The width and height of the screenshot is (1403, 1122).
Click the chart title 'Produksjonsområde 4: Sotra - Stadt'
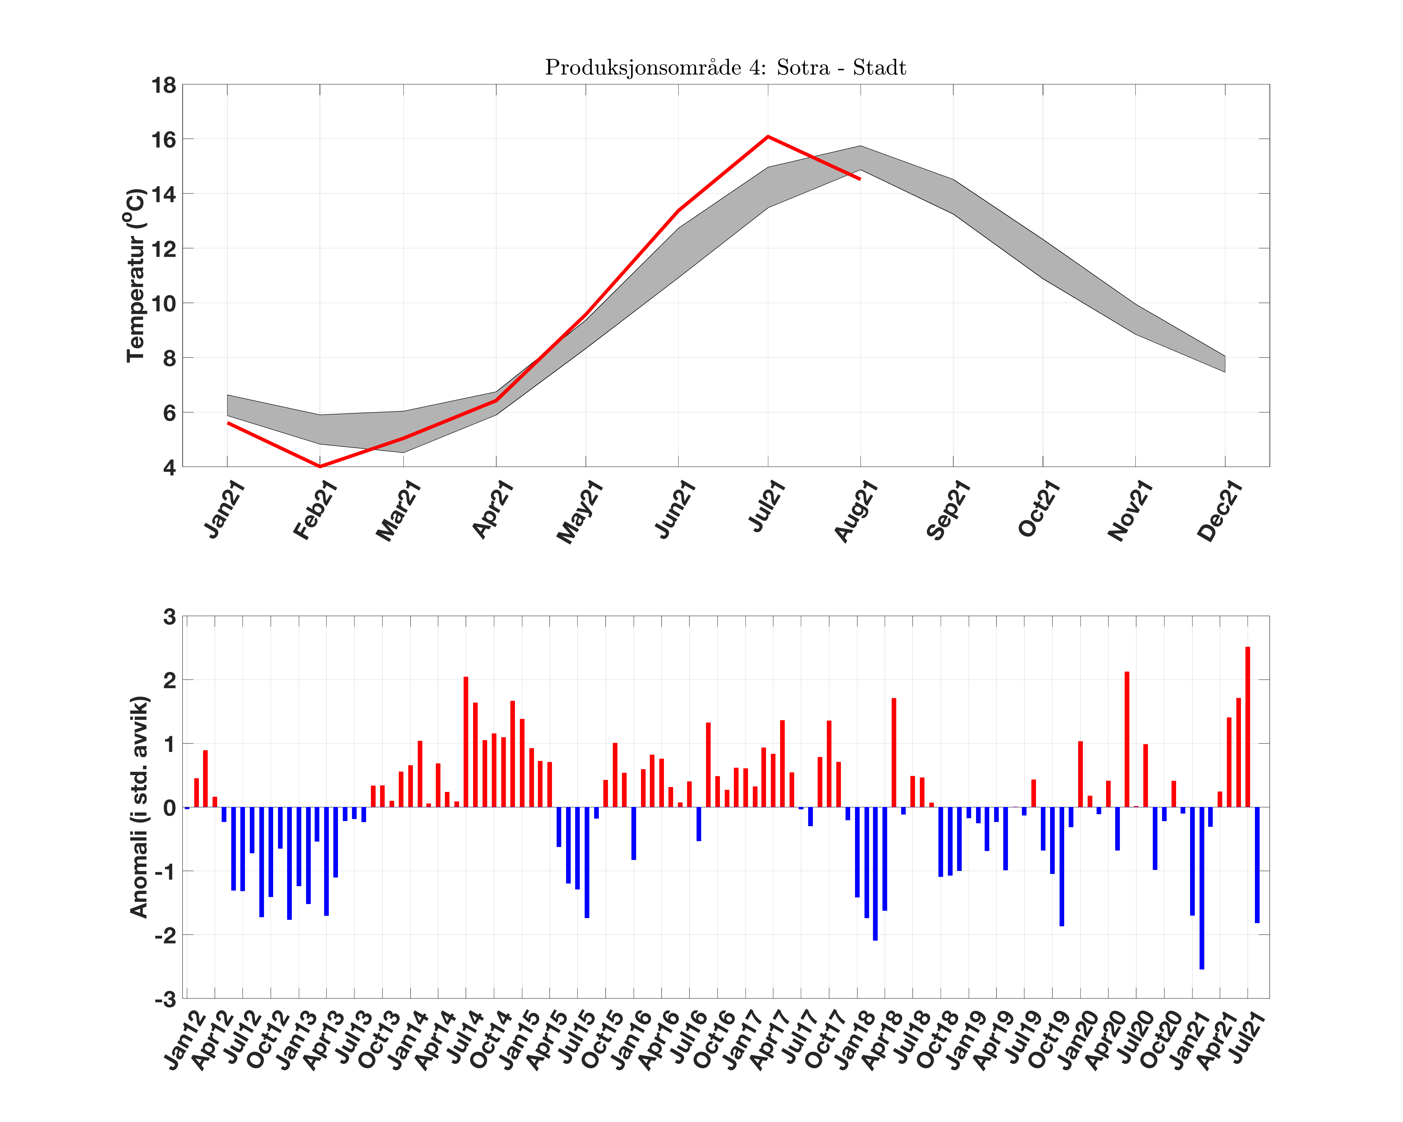tap(726, 68)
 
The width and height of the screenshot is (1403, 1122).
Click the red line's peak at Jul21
tap(768, 137)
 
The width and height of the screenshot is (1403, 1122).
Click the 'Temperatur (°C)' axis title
tap(135, 275)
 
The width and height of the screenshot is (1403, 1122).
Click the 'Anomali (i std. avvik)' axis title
tap(139, 807)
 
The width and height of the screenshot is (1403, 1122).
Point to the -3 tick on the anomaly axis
tap(165, 999)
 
